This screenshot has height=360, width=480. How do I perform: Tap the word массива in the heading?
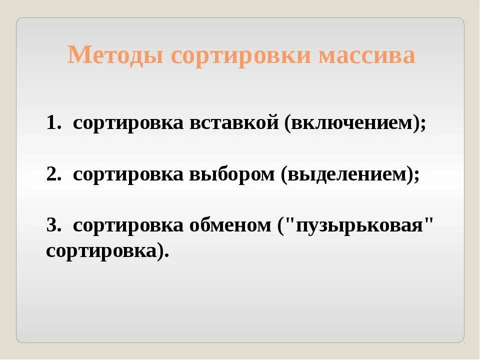click(366, 55)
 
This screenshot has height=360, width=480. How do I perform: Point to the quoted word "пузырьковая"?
click(357, 226)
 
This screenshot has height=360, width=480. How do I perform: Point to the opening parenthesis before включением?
click(288, 124)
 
